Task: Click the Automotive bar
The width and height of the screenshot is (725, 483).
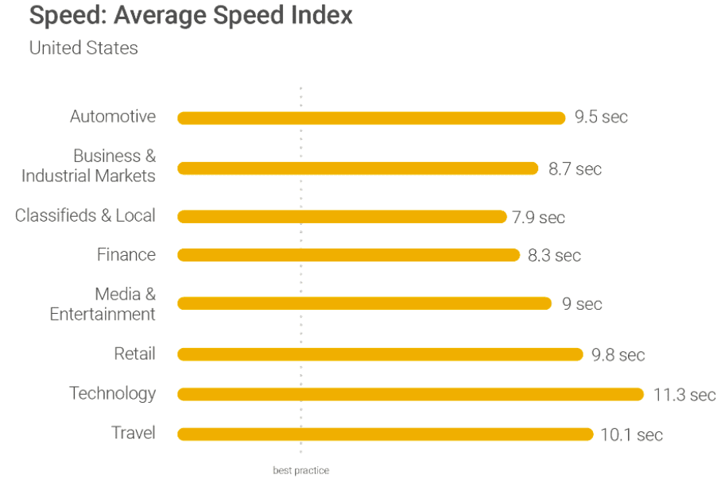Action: pyautogui.click(x=370, y=118)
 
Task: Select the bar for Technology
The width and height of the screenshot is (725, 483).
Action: pyautogui.click(x=410, y=394)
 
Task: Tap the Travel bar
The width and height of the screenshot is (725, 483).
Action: pyautogui.click(x=385, y=434)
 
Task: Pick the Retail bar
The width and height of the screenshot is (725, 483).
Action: pyautogui.click(x=380, y=354)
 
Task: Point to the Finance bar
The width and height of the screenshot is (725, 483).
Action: pyautogui.click(x=348, y=255)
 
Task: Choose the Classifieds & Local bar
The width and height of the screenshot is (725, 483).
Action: pyautogui.click(x=342, y=216)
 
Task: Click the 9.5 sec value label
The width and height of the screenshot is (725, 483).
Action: pyautogui.click(x=601, y=118)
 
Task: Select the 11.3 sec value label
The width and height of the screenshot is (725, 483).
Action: pyautogui.click(x=684, y=395)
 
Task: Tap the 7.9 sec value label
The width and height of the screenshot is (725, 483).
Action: pyautogui.click(x=538, y=217)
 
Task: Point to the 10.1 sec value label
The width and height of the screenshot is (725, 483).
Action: pyautogui.click(x=631, y=435)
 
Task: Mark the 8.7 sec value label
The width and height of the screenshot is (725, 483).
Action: pyautogui.click(x=575, y=169)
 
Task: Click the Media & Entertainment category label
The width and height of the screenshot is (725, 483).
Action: pyautogui.click(x=103, y=304)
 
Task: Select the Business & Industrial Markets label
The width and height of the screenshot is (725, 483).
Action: pyautogui.click(x=89, y=166)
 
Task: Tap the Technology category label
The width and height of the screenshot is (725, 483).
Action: pyautogui.click(x=112, y=393)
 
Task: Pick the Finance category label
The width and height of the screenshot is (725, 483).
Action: pyautogui.click(x=126, y=255)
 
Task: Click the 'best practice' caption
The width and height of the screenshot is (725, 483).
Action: pyautogui.click(x=300, y=470)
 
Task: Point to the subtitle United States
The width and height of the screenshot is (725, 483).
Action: pyautogui.click(x=83, y=48)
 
